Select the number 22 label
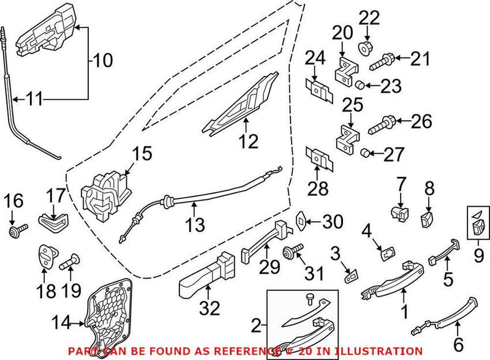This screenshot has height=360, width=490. (x=369, y=18)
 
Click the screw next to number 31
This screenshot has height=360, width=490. (x=291, y=252)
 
